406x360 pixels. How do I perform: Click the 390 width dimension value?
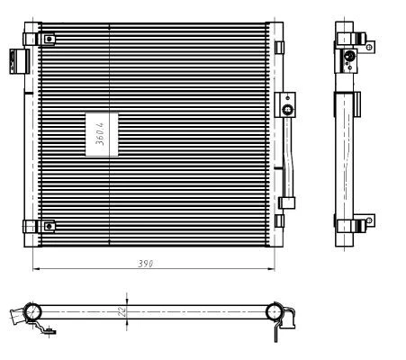(146, 264)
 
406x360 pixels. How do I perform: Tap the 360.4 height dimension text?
(100, 134)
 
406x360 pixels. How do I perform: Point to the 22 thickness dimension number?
(122, 311)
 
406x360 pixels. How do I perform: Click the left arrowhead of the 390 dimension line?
(36, 269)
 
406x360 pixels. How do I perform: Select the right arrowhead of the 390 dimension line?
(271, 269)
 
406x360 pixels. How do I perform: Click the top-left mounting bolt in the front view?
(50, 39)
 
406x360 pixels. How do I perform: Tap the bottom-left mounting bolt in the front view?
(50, 226)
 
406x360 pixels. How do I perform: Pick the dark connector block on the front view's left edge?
(20, 61)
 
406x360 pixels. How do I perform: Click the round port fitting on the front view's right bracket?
(288, 110)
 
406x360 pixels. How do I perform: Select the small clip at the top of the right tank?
(279, 48)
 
